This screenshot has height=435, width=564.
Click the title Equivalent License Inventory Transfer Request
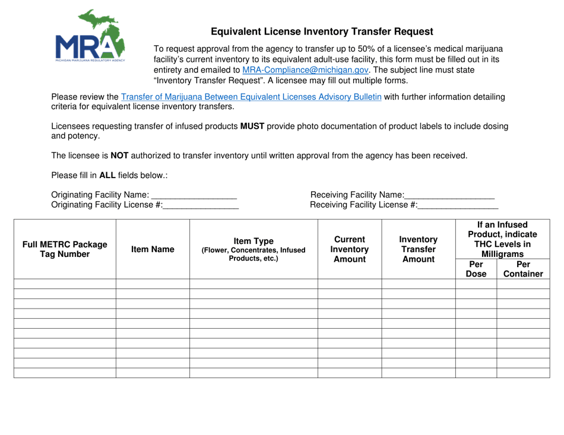pos(322,32)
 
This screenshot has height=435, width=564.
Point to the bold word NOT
pos(119,156)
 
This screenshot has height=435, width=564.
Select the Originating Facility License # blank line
pos(201,205)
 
